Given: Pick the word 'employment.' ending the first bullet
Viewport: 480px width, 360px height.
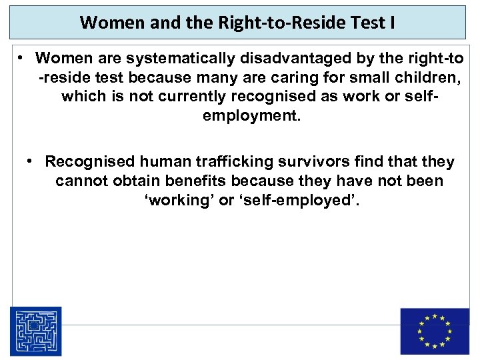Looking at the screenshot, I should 251,116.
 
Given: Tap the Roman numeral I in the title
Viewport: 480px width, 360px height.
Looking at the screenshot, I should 392,23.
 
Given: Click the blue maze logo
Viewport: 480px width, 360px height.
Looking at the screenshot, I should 35,331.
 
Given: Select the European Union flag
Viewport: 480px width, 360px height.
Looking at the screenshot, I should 434,331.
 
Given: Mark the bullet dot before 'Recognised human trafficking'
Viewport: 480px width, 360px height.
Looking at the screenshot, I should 31,161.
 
